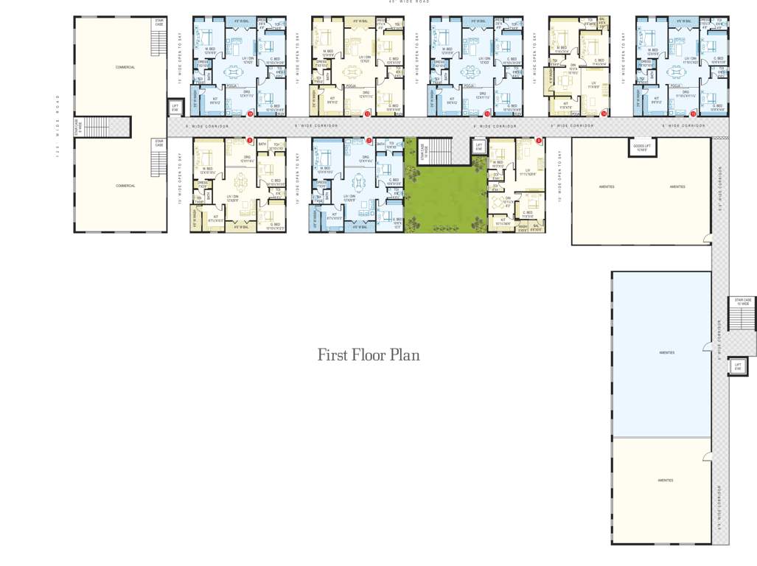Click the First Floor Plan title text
369,354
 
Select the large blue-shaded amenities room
661,354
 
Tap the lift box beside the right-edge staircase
737,366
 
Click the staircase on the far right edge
742,317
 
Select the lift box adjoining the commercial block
175,109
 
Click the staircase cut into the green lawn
439,152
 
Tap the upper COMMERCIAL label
125,67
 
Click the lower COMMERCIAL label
125,186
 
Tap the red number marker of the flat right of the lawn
539,141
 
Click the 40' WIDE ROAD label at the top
410,2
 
